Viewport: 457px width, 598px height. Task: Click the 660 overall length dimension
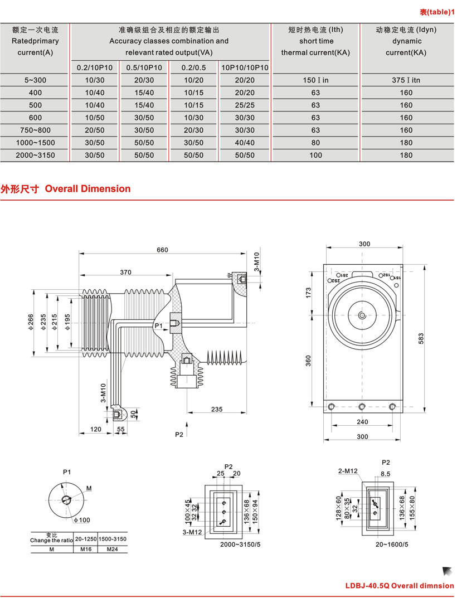pos(162,250)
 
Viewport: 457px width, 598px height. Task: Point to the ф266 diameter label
pos(31,321)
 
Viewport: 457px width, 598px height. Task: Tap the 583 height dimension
pos(421,338)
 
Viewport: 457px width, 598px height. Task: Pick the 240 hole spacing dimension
pos(363,422)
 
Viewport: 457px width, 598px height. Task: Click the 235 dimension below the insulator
pos(217,409)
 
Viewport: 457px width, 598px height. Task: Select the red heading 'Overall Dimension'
pos(87,189)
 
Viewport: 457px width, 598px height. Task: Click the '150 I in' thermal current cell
pos(315,80)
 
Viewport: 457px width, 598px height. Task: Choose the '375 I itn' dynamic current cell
pos(406,80)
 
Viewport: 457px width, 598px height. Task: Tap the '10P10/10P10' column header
pos(245,67)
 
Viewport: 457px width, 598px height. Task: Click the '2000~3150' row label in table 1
pos(36,155)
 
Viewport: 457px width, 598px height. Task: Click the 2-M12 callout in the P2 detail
pos(348,471)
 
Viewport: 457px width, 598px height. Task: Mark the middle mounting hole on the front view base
pos(362,406)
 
